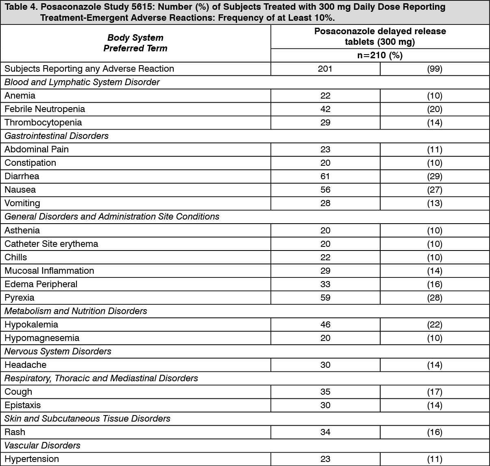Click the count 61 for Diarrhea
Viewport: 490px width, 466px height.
point(325,176)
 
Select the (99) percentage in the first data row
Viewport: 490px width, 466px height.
point(434,69)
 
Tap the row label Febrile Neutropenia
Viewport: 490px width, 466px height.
point(45,109)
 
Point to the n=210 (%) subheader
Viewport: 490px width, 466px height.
point(379,55)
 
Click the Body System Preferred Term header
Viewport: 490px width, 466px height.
point(135,43)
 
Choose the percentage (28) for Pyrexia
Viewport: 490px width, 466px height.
point(434,298)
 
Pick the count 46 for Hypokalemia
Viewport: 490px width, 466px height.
point(325,325)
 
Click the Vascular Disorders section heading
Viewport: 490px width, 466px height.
point(42,446)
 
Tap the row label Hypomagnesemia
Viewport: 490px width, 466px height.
point(42,338)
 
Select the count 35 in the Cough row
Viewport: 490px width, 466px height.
point(325,392)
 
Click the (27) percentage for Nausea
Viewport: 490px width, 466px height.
point(434,190)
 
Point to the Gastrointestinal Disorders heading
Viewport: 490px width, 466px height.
point(57,136)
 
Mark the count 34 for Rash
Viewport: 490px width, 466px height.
point(325,432)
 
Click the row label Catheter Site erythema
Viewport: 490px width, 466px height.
point(51,244)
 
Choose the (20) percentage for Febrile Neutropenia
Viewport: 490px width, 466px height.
point(434,109)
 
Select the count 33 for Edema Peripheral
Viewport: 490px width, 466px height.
point(325,284)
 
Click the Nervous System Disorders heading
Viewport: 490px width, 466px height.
point(58,352)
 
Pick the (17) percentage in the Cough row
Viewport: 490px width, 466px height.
point(434,392)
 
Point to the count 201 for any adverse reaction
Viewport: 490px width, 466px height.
point(325,69)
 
